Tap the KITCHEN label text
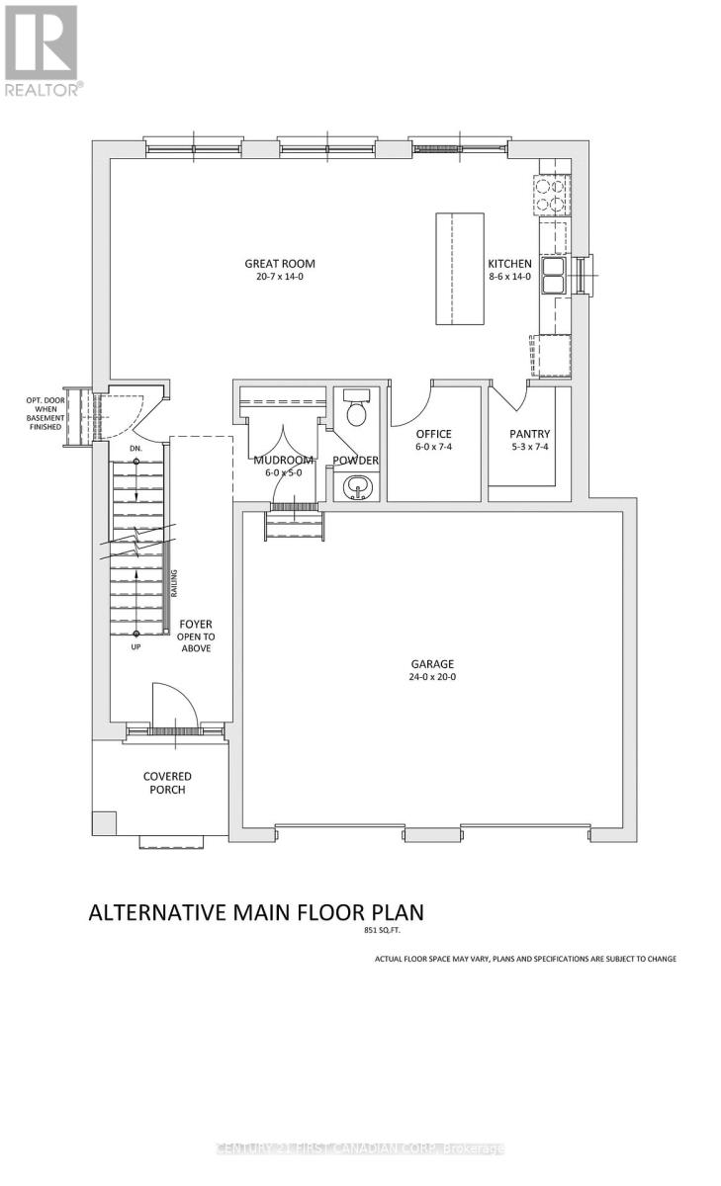[x=509, y=264]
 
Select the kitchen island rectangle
[x=460, y=268]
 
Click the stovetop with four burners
[x=552, y=195]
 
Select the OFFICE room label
[x=433, y=434]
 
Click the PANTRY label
[x=529, y=434]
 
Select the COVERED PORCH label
[x=166, y=783]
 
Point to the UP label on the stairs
[x=135, y=647]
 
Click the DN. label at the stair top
[x=135, y=449]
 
